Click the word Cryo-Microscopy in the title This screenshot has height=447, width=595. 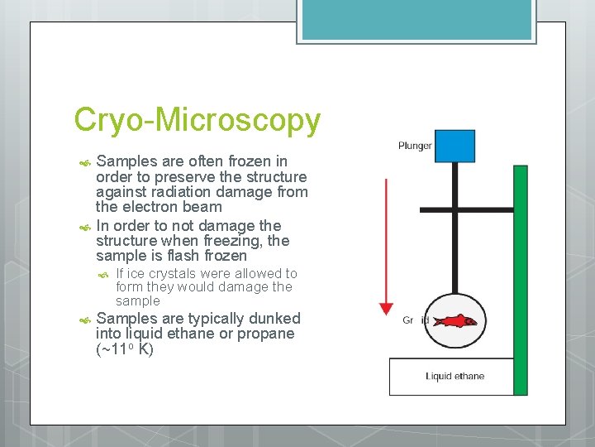tap(197, 121)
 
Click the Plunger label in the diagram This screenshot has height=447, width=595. tap(415, 146)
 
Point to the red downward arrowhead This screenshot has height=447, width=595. tap(386, 308)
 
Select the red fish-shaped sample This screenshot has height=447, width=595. tap(455, 320)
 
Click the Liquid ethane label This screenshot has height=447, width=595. tap(455, 377)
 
